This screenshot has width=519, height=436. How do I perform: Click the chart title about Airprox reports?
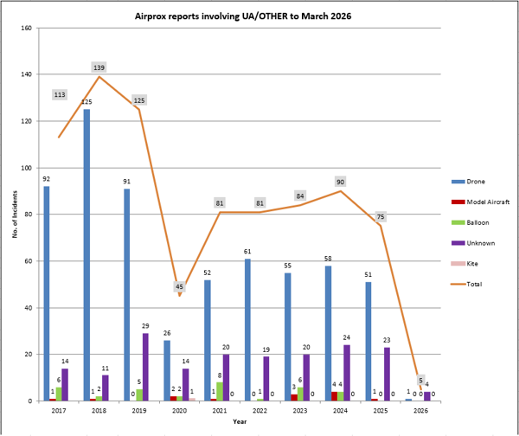pyautogui.click(x=259, y=16)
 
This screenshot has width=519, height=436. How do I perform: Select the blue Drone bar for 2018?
pyautogui.click(x=86, y=255)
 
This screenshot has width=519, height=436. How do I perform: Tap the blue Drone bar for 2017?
pyautogui.click(x=47, y=293)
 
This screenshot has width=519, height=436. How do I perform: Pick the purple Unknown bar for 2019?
pyautogui.click(x=144, y=367)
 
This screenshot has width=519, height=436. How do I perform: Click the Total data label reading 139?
pyautogui.click(x=99, y=67)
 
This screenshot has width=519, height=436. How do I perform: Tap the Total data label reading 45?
pyautogui.click(x=179, y=286)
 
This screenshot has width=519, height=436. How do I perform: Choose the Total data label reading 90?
pyautogui.click(x=340, y=182)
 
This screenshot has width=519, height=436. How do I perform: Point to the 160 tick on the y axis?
pyautogui.click(x=27, y=28)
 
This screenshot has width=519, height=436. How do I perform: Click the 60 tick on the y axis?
pyautogui.click(x=29, y=261)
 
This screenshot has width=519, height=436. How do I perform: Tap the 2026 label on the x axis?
pyautogui.click(x=420, y=413)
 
